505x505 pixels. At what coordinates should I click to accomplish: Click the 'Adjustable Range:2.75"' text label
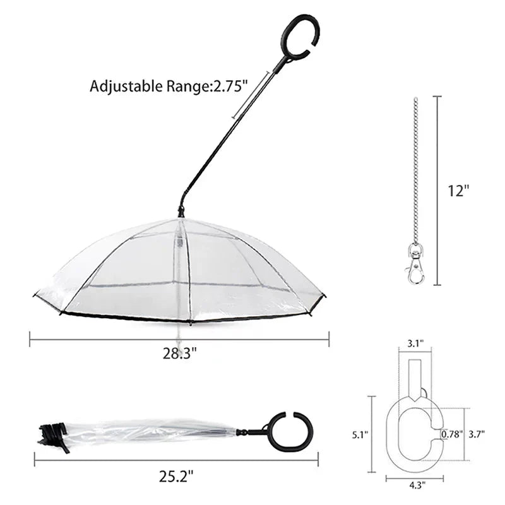(167, 86)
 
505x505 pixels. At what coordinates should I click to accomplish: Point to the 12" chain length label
(460, 191)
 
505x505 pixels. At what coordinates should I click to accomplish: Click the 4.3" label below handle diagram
(415, 485)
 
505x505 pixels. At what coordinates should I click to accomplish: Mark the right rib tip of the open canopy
(323, 295)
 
